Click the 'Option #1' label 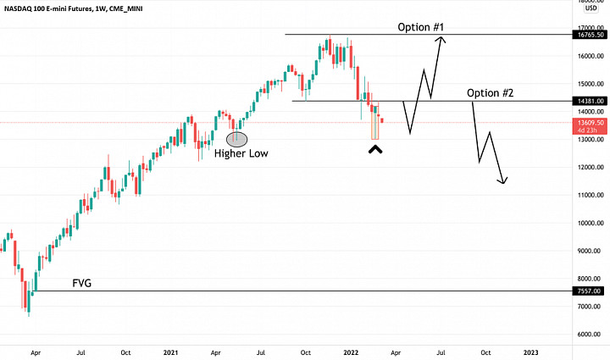421,27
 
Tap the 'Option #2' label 490,92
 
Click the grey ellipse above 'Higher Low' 236,138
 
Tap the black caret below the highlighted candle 374,150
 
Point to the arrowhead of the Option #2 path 505,180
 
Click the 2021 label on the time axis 170,351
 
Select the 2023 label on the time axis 530,351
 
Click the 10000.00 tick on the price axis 592,223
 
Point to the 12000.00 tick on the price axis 592,168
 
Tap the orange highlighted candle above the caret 374,126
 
